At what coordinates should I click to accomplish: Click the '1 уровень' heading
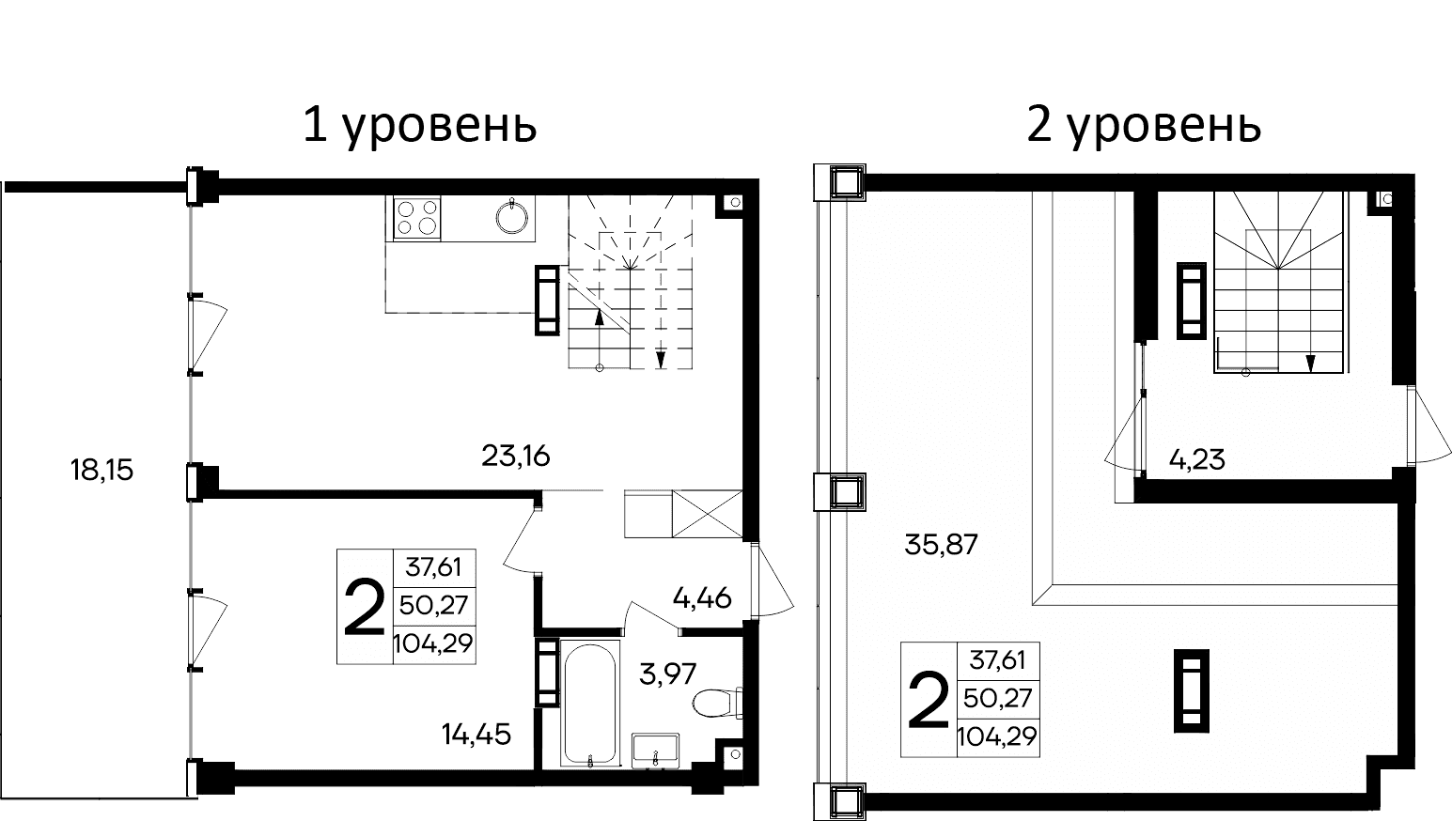[x=419, y=125]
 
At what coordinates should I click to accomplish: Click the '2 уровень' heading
[x=1143, y=125]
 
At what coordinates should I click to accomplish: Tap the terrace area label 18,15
[x=101, y=470]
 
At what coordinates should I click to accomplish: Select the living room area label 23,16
[x=515, y=457]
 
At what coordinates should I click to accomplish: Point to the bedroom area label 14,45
[x=476, y=734]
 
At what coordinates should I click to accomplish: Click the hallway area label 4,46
[x=701, y=596]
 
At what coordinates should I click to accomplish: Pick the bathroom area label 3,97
[x=667, y=674]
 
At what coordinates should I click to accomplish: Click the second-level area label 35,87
[x=941, y=544]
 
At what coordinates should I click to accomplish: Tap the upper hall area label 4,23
[x=1196, y=460]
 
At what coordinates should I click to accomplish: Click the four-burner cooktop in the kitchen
[x=416, y=217]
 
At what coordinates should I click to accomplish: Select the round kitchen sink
[x=511, y=216]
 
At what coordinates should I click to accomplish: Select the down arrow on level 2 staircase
[x=1309, y=362]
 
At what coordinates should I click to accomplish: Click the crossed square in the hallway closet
[x=707, y=514]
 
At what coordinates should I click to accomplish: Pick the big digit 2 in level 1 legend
[x=365, y=607]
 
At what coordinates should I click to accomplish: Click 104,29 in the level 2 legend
[x=997, y=736]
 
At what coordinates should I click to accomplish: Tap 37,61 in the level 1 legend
[x=434, y=567]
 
